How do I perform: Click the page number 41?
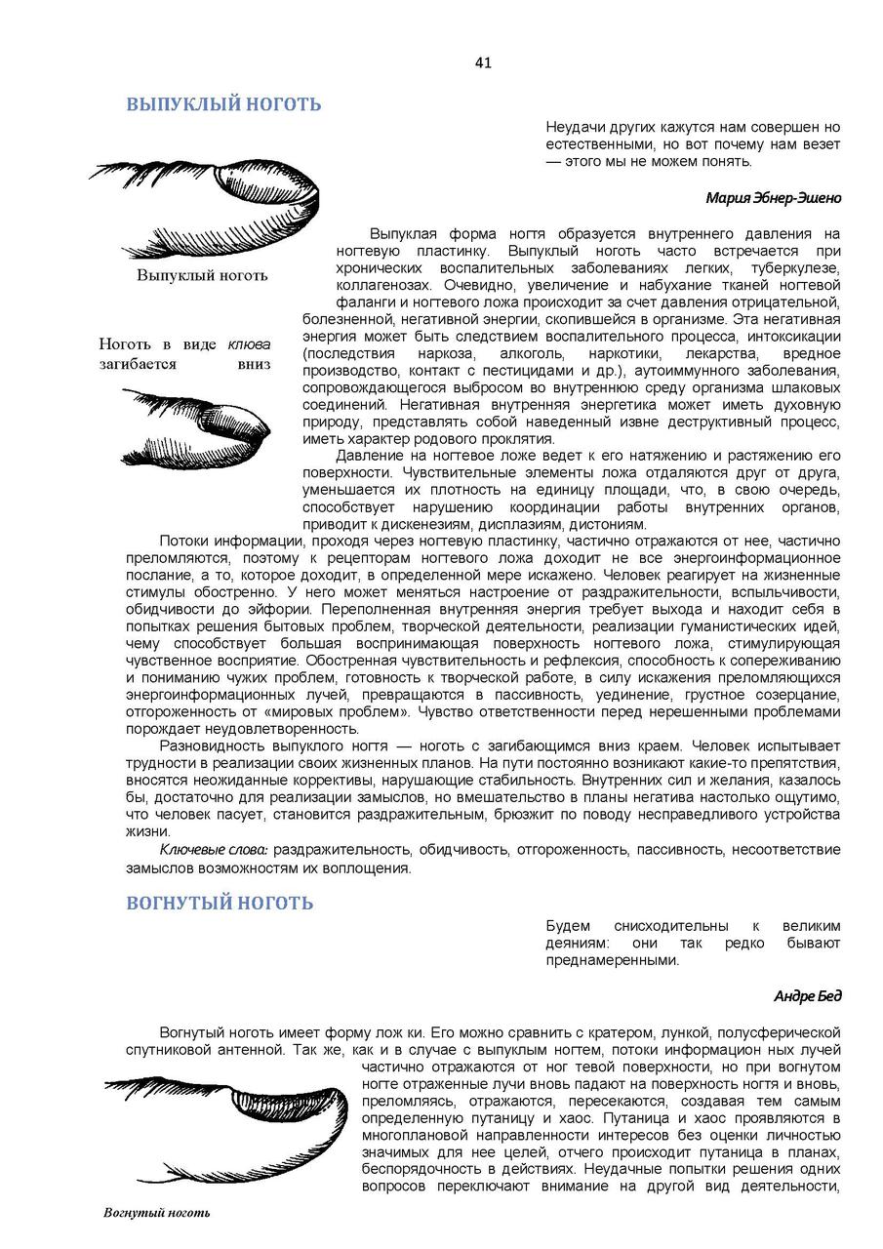point(483,63)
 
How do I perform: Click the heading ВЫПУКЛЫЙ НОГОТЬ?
point(223,105)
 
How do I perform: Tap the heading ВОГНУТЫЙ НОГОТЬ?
point(220,903)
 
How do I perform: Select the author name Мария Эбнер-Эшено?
point(773,197)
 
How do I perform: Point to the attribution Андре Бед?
point(807,996)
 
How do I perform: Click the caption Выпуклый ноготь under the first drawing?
point(202,275)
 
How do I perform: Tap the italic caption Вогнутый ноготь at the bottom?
point(157,1213)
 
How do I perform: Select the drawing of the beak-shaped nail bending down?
point(195,427)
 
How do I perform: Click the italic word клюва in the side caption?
point(249,344)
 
